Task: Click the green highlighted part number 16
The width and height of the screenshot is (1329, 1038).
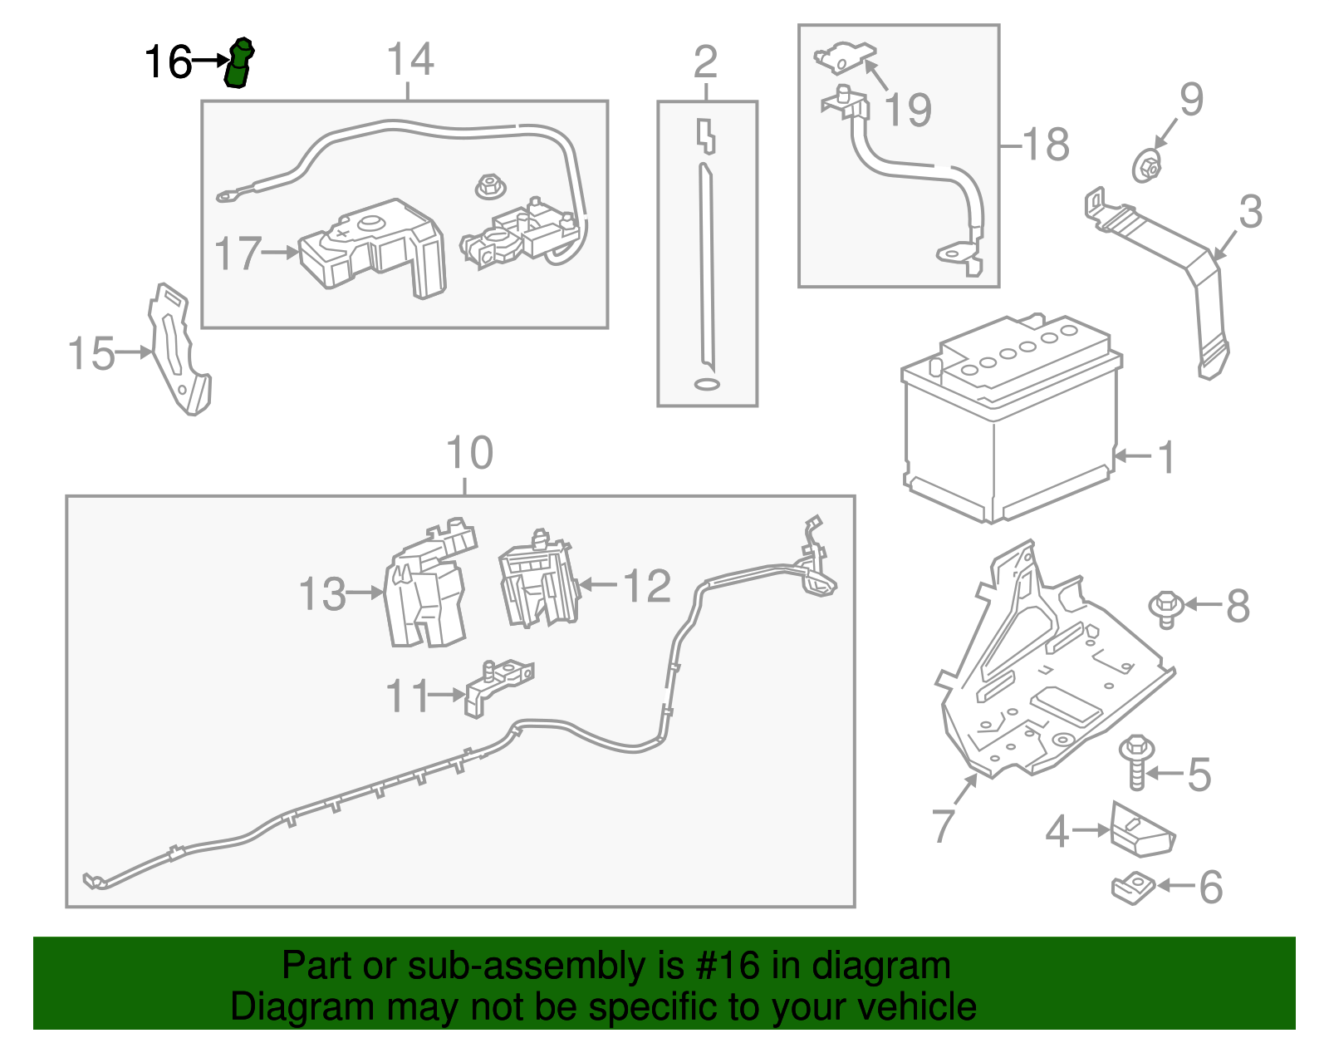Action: [x=239, y=62]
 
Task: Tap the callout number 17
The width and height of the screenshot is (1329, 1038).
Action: [x=238, y=253]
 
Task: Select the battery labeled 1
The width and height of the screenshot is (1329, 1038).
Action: [x=1012, y=419]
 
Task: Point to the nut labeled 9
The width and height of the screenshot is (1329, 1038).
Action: [x=1147, y=165]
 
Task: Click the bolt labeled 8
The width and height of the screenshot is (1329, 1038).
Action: [x=1166, y=608]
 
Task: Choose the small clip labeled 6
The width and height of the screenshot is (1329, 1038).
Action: [x=1133, y=887]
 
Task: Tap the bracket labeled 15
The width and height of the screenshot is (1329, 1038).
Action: [x=179, y=349]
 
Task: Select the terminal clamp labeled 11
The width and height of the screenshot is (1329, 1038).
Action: [x=498, y=686]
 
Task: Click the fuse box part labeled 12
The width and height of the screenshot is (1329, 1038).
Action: [x=539, y=578]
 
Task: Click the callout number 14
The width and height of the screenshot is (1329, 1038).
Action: [x=411, y=59]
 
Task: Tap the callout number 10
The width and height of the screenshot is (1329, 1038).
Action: [x=469, y=453]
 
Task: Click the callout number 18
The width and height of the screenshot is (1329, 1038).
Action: [x=1047, y=145]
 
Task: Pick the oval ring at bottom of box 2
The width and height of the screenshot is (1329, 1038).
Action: [x=707, y=384]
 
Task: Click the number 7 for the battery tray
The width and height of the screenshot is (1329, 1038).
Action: [x=943, y=824]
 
